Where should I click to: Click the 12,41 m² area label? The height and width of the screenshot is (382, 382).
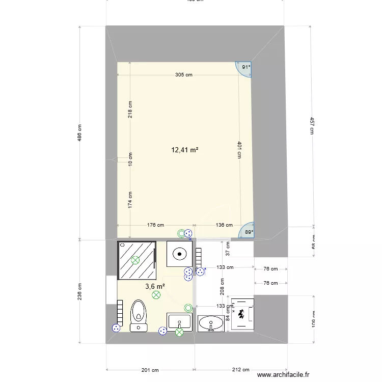184,150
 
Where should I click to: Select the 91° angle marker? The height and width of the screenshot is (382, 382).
245,67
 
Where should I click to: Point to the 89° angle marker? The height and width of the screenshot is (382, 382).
248,232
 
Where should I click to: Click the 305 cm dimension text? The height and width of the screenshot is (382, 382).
184,75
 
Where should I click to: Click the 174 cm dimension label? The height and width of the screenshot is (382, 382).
130,200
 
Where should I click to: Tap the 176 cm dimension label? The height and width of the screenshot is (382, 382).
155,225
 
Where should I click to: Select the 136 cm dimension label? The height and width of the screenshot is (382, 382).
224,225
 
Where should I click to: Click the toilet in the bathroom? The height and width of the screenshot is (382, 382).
138,315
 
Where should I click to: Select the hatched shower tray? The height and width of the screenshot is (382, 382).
137,260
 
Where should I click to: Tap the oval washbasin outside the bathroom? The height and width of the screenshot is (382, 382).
211,323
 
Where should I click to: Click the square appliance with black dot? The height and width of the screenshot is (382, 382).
179,253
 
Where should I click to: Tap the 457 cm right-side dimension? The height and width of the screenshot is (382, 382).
311,125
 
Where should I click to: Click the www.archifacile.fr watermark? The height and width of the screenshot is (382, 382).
284,375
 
